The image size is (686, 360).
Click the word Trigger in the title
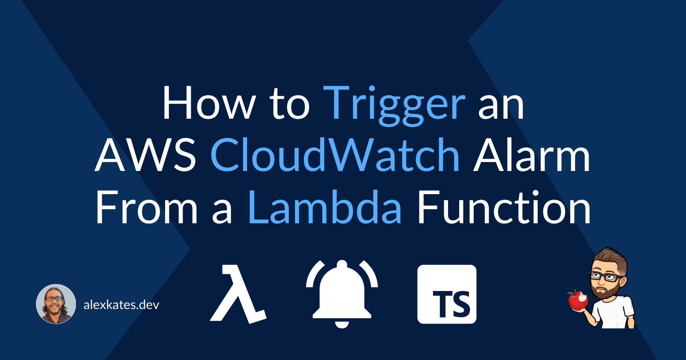394,104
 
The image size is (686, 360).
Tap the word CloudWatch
335,155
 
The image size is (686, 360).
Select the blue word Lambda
325,208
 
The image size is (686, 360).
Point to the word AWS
145,155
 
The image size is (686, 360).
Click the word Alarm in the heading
531,155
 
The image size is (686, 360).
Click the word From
146,208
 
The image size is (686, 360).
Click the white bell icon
342,291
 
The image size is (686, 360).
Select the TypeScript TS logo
447,294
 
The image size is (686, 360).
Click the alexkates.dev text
121,305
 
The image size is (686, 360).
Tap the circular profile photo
56,304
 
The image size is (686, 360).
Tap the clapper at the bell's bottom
342,324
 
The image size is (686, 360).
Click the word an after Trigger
501,104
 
